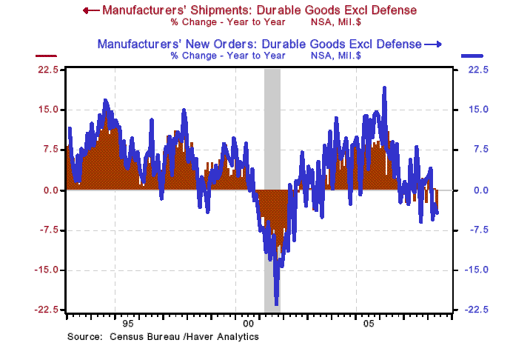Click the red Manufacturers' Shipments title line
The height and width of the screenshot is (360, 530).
click(259, 10)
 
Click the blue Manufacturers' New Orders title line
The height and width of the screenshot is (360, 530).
click(260, 44)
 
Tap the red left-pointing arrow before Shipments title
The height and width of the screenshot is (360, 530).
click(90, 10)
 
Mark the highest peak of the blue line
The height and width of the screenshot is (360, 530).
click(384, 88)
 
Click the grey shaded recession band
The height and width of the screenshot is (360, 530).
click(272, 148)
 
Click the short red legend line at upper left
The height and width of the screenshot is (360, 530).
click(47, 56)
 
